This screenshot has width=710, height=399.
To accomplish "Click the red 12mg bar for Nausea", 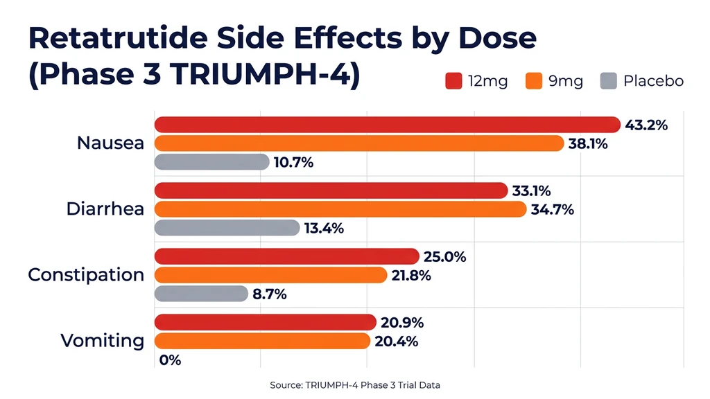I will (x=387, y=125).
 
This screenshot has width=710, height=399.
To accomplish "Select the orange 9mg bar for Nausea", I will (x=358, y=143).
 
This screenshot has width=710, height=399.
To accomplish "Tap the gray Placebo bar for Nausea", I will (x=211, y=162).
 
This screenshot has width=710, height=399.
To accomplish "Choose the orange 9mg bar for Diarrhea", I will (x=340, y=209).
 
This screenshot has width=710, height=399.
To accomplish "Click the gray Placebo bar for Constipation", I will (x=201, y=294).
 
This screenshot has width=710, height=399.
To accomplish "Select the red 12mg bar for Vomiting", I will (x=266, y=322).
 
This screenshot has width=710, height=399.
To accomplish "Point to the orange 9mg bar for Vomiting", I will (x=262, y=341).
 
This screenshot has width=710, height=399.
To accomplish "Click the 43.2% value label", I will (x=646, y=125).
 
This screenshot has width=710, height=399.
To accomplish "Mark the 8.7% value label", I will (x=270, y=294).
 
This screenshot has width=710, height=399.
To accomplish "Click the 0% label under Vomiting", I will (x=170, y=360).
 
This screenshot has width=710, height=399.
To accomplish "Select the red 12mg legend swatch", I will (x=453, y=82).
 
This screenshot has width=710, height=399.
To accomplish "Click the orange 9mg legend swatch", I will (x=532, y=82).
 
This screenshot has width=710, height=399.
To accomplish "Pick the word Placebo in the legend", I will (x=653, y=81).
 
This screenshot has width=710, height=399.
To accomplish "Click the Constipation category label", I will (x=86, y=275).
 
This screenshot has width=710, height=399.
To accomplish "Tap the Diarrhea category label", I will (x=105, y=209).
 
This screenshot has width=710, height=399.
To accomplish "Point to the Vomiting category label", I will (x=103, y=341).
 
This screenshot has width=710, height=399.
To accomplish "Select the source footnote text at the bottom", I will (x=355, y=385).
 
